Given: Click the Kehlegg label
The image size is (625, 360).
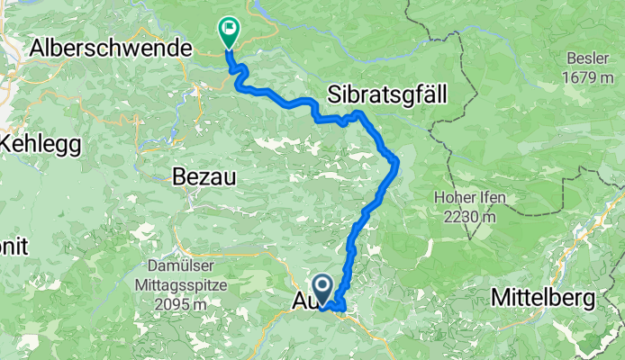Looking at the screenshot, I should (x=41, y=143).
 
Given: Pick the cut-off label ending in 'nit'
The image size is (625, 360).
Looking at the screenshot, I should (x=14, y=246).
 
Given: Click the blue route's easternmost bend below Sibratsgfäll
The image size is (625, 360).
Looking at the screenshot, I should (x=397, y=161).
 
